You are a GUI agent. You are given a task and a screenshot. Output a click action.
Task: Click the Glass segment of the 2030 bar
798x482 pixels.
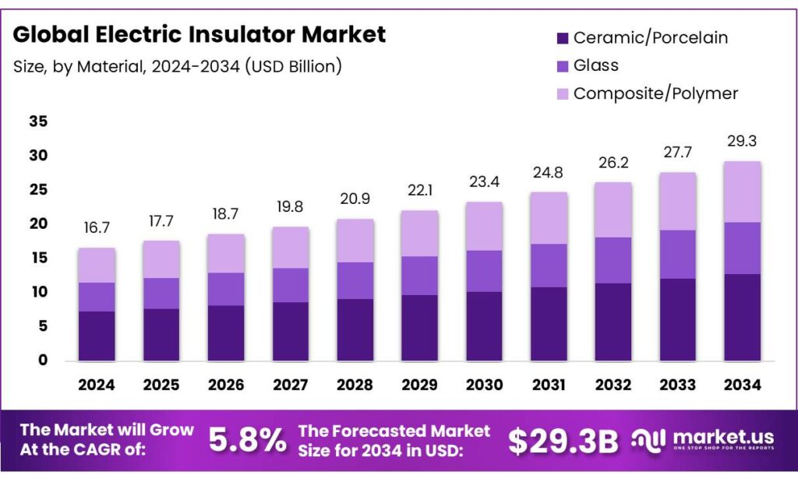[x=484, y=271]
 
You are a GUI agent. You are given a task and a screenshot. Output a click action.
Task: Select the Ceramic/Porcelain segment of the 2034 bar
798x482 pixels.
[x=742, y=317]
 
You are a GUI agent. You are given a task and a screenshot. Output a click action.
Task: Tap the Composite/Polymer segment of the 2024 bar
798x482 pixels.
[x=97, y=266]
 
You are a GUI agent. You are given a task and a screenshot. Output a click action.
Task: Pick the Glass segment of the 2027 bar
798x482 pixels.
[x=290, y=285]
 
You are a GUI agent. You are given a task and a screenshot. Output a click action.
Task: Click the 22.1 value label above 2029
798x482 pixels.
[x=419, y=191]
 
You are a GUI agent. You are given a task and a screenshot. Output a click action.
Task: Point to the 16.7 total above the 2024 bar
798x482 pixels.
[x=97, y=228]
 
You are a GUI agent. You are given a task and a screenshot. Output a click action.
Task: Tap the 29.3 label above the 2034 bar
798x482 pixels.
[x=742, y=142]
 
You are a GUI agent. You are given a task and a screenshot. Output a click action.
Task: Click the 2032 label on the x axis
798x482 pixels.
[x=613, y=385]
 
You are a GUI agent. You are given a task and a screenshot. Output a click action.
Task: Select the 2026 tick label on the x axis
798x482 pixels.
[x=226, y=385]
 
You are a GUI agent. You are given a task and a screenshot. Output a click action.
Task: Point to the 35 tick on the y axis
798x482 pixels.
[x=38, y=121]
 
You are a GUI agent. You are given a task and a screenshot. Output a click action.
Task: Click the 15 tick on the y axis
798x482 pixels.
[x=38, y=258]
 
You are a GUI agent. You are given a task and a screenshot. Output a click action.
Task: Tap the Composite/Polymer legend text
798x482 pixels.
[x=655, y=93]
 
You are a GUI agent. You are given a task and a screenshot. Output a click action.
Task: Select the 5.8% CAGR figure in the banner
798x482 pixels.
[x=247, y=441]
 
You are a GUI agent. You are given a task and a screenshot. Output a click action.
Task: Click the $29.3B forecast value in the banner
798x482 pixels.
[x=563, y=441]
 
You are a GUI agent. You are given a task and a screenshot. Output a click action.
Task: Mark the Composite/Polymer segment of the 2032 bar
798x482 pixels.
[x=613, y=210]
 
